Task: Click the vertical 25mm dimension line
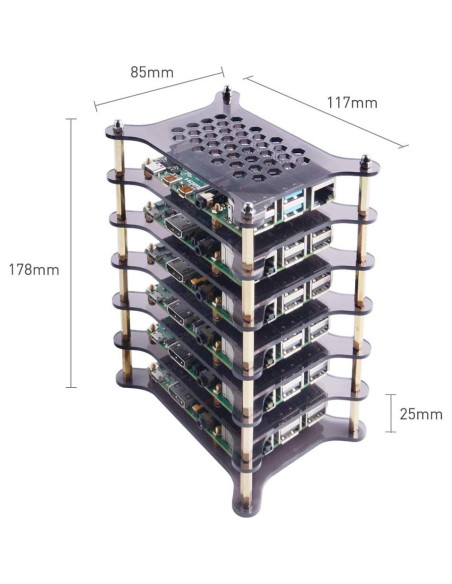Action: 390,412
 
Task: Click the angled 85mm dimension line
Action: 158,88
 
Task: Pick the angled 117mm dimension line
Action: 325,112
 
